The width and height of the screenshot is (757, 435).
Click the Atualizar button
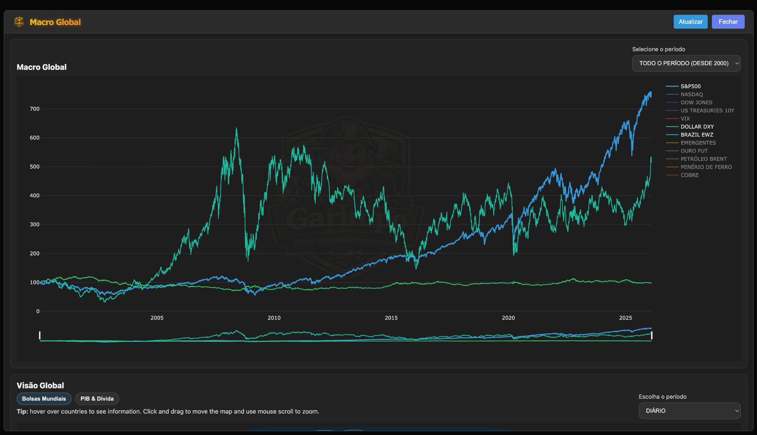(690, 22)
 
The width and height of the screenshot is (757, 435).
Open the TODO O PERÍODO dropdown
(686, 63)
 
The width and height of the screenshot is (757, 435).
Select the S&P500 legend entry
(690, 86)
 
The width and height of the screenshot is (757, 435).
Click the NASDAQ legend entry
(691, 95)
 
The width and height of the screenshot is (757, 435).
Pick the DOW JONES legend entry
(696, 103)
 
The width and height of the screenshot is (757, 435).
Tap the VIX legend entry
(685, 119)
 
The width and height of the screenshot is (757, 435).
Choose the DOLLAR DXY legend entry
(697, 127)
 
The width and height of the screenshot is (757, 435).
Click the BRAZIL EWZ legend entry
(696, 135)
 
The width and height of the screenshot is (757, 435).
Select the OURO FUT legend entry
(694, 151)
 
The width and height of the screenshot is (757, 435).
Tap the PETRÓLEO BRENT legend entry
(703, 159)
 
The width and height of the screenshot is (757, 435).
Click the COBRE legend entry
(689, 175)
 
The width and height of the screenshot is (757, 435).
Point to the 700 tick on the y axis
(34, 109)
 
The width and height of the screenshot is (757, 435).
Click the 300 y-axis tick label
(34, 224)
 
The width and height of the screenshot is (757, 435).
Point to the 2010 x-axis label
(274, 318)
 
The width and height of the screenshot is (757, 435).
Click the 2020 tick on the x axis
(508, 318)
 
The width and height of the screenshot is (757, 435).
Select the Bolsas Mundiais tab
(44, 399)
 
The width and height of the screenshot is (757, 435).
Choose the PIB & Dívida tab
(97, 399)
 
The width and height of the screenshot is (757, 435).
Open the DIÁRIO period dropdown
(689, 411)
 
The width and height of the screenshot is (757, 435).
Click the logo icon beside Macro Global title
(19, 22)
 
